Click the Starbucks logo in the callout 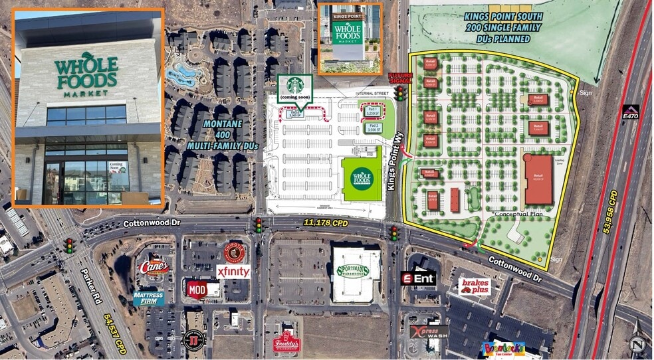pos(294,85)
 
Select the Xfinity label pos(233,271)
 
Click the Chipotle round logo pos(234,252)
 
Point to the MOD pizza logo pos(203,290)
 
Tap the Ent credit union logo pos(418,278)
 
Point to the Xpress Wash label pos(429,331)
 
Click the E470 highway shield pos(631,112)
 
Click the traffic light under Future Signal pos(400,93)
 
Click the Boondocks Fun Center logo pos(504,347)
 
